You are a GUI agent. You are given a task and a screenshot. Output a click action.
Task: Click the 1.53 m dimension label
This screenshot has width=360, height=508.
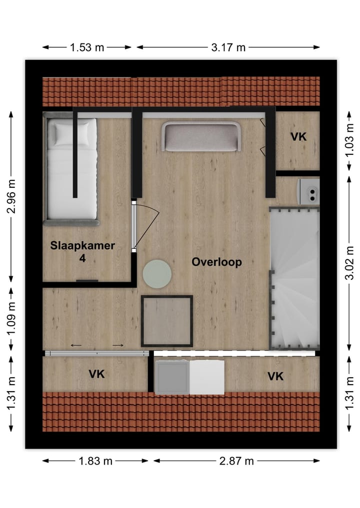(87, 47)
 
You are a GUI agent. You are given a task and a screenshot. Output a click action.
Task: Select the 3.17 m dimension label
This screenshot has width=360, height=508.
(227, 47)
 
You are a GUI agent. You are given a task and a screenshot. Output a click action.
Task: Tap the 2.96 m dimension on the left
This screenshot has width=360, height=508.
(11, 196)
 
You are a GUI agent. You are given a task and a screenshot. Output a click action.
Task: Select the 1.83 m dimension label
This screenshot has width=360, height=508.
(95, 461)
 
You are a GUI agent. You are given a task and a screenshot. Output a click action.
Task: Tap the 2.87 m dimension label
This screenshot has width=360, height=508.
(236, 461)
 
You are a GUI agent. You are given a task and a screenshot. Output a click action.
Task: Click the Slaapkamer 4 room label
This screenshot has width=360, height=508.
(82, 252)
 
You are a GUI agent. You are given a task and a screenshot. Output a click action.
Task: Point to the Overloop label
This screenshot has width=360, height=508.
(217, 262)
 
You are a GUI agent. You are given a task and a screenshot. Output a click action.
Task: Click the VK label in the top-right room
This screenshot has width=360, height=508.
(298, 136)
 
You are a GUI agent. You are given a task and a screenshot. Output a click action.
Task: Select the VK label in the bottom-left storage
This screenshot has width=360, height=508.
(96, 374)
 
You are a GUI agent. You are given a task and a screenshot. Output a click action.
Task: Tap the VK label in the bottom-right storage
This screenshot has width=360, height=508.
(275, 376)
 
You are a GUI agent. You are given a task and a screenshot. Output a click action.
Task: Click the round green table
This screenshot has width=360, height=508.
(157, 273)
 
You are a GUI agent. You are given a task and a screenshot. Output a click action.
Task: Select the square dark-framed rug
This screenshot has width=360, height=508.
(167, 321)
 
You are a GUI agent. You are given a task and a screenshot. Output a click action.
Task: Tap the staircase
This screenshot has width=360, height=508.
(294, 280)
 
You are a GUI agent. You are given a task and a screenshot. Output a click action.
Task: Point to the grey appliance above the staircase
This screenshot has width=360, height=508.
(308, 192)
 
